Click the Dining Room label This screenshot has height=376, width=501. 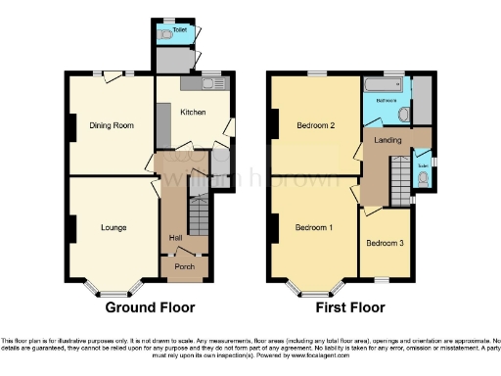point(111,126)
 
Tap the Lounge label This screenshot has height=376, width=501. point(114,227)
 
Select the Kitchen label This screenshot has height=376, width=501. point(192,113)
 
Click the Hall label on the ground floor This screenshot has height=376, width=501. point(175,238)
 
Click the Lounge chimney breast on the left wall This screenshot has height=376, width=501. point(71,228)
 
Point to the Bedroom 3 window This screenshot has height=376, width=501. point(382,279)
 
